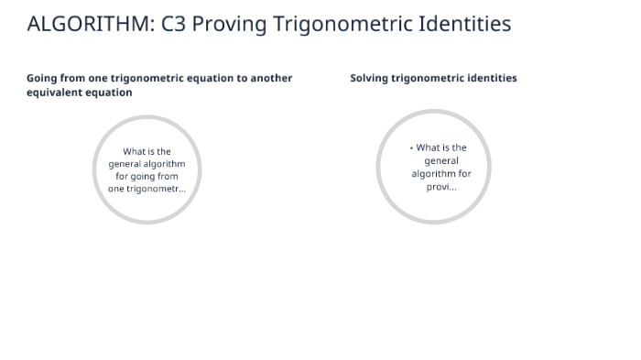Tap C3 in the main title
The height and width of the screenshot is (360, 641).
174,24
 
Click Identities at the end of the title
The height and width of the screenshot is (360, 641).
464,24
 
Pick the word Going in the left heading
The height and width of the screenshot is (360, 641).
42,79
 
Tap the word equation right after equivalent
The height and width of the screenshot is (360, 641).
109,93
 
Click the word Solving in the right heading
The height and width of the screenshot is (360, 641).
369,79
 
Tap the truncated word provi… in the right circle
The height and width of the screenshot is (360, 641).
441,187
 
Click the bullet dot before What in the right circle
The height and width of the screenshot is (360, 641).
412,147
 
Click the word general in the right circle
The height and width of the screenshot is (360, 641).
441,161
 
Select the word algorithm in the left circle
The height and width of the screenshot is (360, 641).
165,164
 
